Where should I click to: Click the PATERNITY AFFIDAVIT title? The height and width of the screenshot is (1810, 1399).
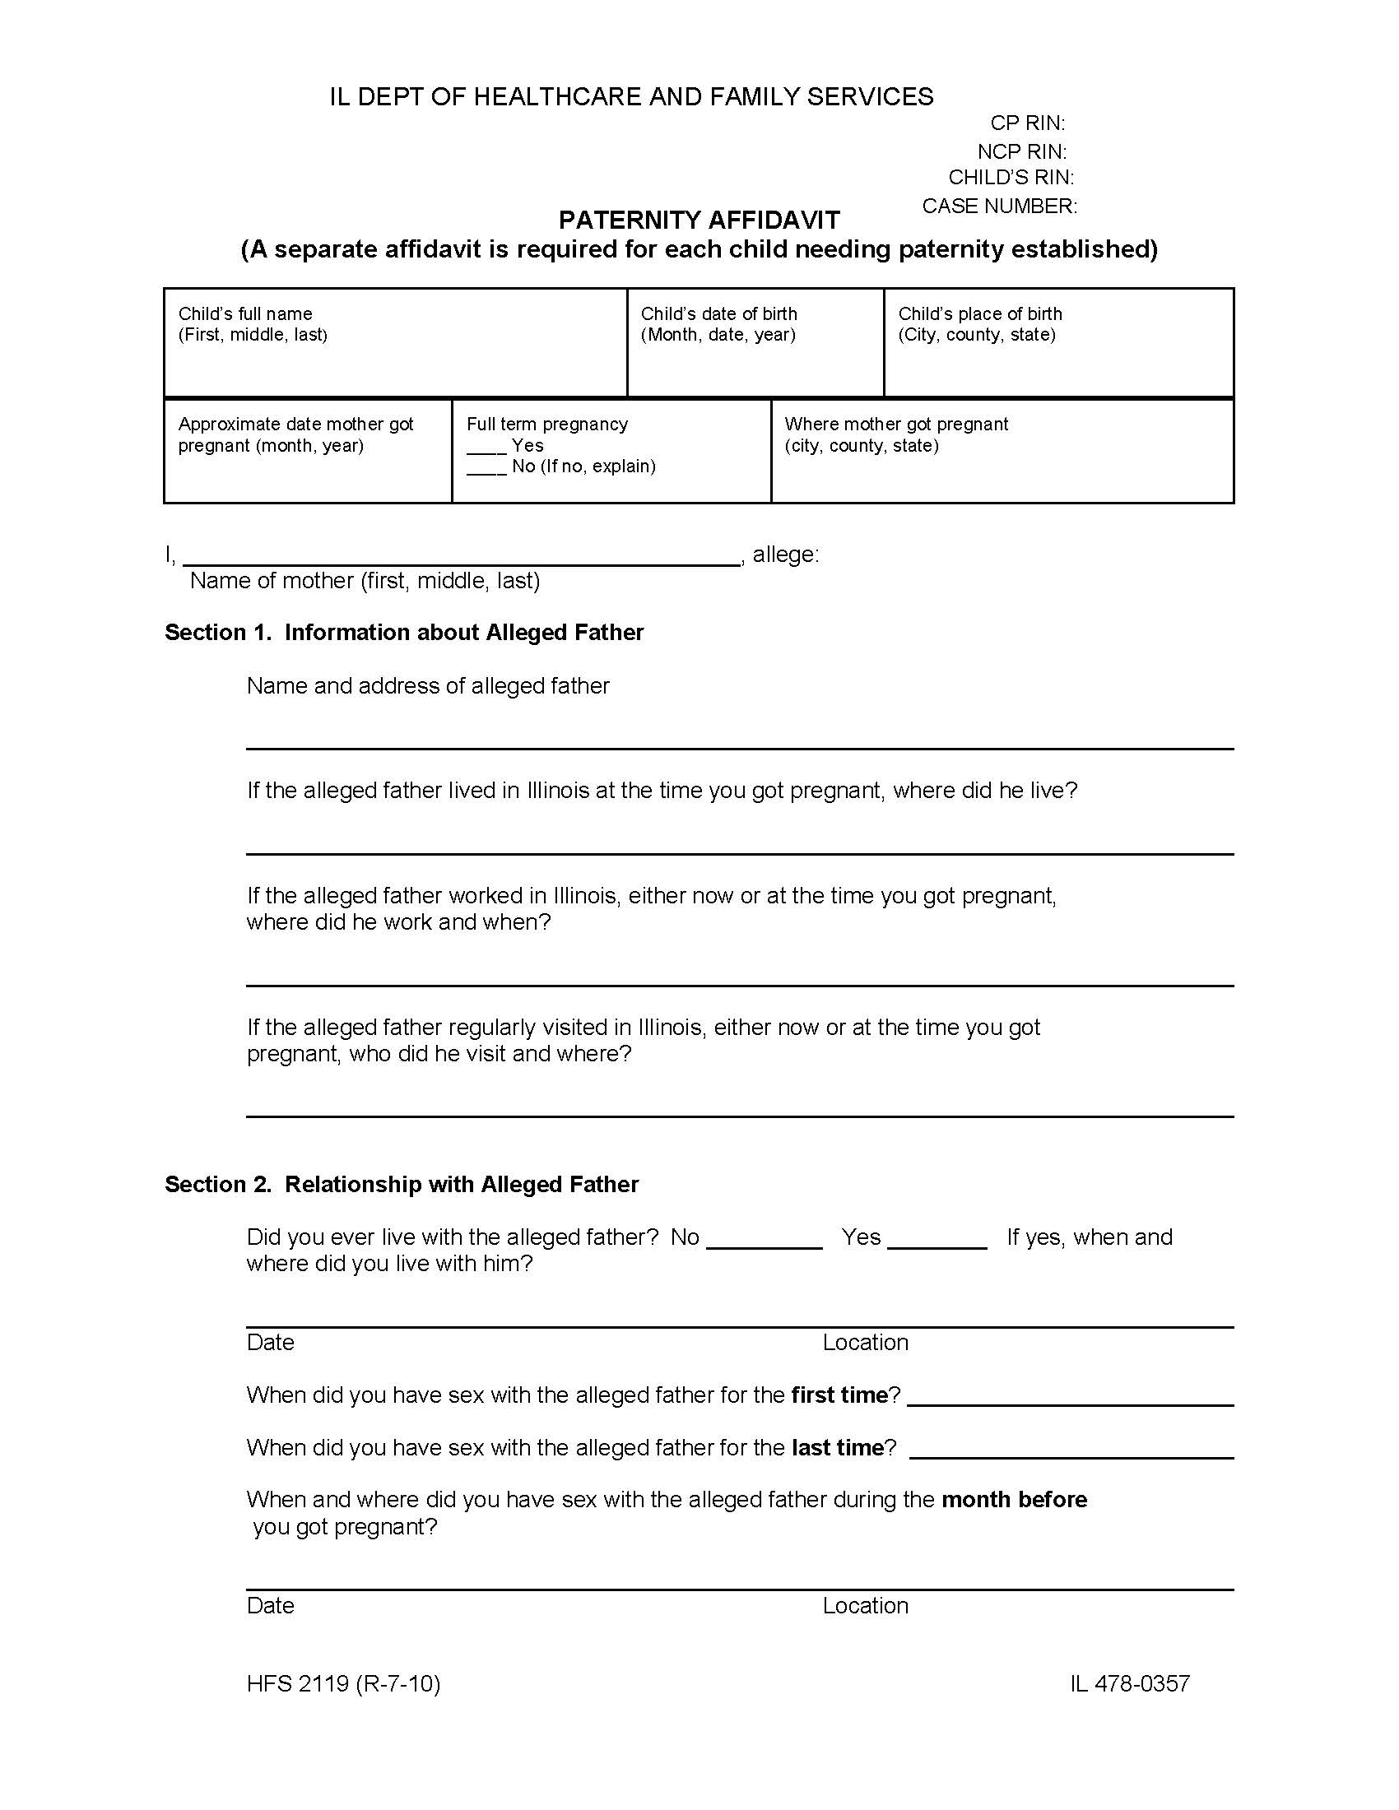[699, 220]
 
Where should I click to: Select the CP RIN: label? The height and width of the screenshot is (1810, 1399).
[1027, 123]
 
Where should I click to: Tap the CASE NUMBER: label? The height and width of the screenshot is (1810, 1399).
[999, 206]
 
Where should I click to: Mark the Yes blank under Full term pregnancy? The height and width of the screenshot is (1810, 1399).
[486, 448]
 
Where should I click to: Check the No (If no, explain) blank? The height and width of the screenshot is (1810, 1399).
[486, 468]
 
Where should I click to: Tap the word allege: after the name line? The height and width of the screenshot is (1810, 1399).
[785, 555]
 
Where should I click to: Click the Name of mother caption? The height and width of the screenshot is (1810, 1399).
[365, 581]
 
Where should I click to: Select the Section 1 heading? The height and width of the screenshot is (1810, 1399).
[403, 633]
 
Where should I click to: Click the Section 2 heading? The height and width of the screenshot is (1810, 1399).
[401, 1184]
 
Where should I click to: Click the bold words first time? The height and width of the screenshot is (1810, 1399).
[839, 1395]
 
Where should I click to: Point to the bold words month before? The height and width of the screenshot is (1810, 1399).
[1014, 1500]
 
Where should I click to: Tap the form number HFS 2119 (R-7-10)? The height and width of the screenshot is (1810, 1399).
[343, 1684]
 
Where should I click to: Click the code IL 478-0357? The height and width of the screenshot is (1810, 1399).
[1130, 1684]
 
